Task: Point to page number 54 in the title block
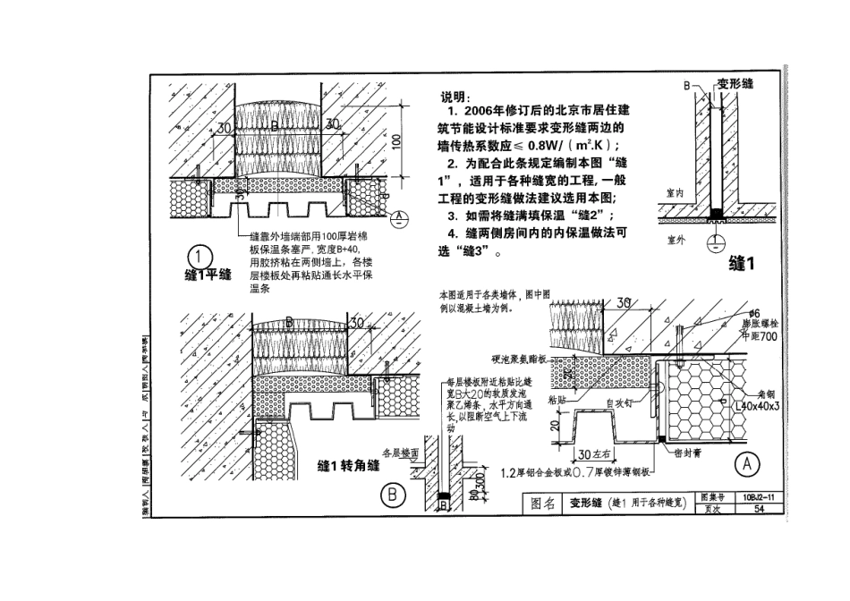coord(759,508)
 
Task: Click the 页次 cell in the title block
coord(713,508)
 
